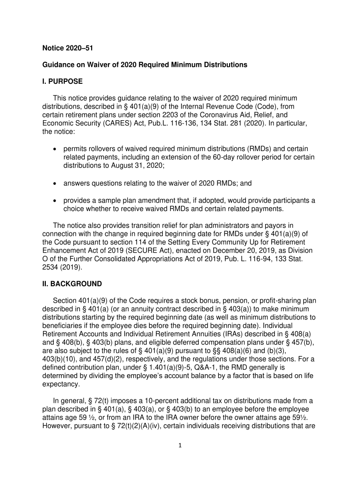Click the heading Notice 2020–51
tap(61, 47)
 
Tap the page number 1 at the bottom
tap(180, 444)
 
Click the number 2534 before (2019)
tap(50, 268)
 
